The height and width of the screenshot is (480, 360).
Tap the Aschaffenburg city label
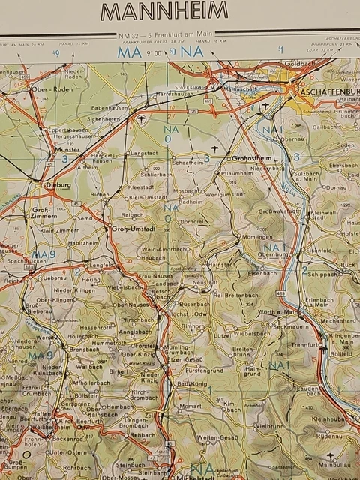(328, 91)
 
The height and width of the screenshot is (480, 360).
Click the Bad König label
(192, 384)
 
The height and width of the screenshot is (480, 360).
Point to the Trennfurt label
(306, 345)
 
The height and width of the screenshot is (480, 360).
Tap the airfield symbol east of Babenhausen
(140, 118)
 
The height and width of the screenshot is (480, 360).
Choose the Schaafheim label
(189, 162)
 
